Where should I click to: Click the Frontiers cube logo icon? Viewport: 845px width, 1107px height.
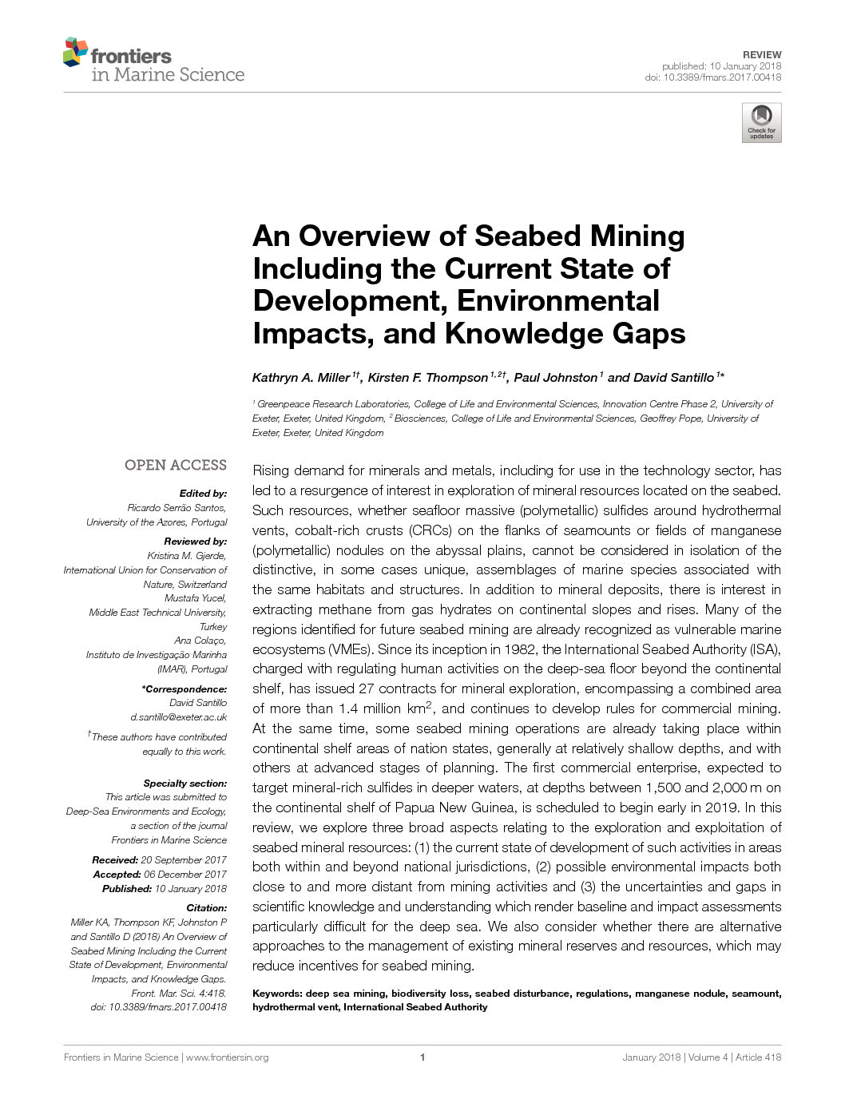click(x=75, y=51)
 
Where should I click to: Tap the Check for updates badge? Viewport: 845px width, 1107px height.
click(x=761, y=123)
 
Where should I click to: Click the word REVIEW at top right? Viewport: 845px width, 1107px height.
click(x=762, y=54)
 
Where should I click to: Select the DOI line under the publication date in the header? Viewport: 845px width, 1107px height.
click(x=713, y=77)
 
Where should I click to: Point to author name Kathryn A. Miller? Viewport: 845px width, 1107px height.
click(x=301, y=378)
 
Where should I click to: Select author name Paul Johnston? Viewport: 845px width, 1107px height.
click(x=555, y=378)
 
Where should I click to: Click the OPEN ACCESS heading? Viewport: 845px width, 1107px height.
click(x=176, y=465)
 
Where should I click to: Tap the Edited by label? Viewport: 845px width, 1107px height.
click(x=203, y=494)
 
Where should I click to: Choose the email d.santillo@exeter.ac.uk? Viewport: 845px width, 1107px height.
click(x=179, y=717)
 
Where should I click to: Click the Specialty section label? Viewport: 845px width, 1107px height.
click(x=185, y=784)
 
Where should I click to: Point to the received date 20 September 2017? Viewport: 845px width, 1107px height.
click(x=184, y=860)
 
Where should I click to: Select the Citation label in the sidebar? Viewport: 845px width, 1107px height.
click(x=206, y=908)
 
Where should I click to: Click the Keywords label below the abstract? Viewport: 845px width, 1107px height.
click(x=277, y=994)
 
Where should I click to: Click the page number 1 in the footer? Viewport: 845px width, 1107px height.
click(x=422, y=1057)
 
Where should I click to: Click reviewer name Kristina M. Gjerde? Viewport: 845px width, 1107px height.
click(x=187, y=556)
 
